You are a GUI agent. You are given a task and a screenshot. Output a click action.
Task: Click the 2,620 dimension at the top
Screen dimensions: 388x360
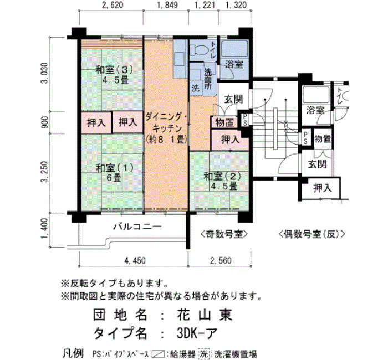pos(113,5)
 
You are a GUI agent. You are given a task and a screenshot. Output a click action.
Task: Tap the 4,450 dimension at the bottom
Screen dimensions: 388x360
pos(135,260)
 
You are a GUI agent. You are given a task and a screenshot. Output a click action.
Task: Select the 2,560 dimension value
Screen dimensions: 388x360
pos(221,260)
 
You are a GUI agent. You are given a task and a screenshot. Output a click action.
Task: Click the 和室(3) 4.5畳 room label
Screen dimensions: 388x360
pos(115,75)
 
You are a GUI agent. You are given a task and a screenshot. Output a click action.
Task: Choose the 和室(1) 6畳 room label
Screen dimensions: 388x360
pos(115,173)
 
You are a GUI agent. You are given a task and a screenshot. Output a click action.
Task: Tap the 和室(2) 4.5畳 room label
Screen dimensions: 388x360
pos(222,181)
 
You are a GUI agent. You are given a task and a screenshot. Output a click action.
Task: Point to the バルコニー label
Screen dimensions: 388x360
pos(137,226)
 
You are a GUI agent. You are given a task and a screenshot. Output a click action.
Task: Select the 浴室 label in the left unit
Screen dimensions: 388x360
pos(234,64)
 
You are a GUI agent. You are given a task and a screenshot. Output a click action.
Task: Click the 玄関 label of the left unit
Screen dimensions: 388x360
pos(233,99)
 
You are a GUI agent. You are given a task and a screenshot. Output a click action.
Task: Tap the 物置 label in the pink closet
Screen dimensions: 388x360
pos(224,122)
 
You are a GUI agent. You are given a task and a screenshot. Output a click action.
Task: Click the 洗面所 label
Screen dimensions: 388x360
pos(207,80)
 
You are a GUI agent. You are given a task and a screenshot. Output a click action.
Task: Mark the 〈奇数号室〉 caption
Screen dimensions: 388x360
pos(224,234)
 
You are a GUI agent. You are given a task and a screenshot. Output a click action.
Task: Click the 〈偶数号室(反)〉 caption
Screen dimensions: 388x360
pos(312,234)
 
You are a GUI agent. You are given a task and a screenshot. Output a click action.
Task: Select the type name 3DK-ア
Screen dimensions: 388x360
pos(197,333)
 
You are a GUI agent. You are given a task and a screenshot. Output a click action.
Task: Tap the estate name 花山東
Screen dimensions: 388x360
pos(205,315)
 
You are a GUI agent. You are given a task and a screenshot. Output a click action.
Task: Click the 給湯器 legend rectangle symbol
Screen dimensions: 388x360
pos(159,354)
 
